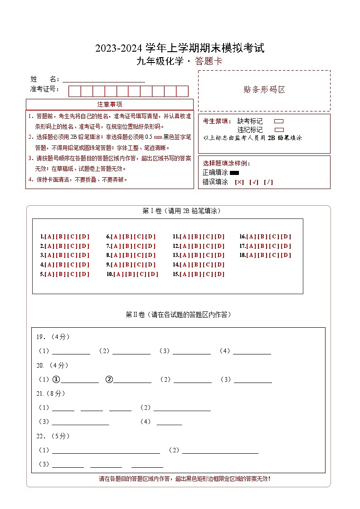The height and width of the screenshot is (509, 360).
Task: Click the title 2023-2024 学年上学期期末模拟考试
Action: (x=180, y=48)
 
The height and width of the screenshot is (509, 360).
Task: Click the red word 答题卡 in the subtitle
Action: (x=209, y=62)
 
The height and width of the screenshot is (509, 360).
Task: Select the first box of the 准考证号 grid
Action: (x=74, y=91)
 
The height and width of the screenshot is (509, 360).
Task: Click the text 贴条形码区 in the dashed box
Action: (x=264, y=90)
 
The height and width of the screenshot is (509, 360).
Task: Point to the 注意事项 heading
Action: (x=110, y=104)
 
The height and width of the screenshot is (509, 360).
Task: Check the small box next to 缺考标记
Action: (x=279, y=121)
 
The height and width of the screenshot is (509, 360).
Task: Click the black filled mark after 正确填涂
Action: (x=234, y=173)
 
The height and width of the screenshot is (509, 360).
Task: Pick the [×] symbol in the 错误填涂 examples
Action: (x=239, y=182)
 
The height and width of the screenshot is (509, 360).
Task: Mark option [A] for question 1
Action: (x=49, y=237)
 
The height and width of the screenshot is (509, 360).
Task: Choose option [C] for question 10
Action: (x=141, y=274)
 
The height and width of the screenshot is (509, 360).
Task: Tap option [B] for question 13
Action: (x=196, y=255)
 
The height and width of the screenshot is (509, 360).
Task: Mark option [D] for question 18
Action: (x=286, y=255)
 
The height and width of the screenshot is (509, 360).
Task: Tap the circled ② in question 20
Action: (x=109, y=379)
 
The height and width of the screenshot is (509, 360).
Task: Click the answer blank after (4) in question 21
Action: (x=169, y=422)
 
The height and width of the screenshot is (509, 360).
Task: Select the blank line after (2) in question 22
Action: (x=220, y=450)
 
